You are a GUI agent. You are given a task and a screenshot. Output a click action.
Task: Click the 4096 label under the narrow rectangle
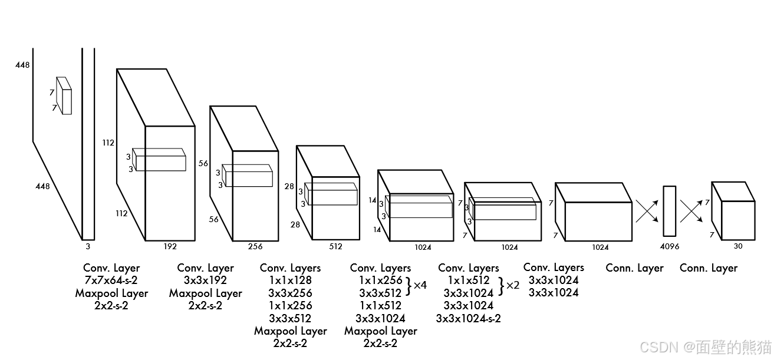click(x=670, y=247)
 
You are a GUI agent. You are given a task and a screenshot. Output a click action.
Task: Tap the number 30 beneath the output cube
click(x=738, y=246)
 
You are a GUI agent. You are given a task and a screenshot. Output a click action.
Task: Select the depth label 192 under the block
click(x=170, y=247)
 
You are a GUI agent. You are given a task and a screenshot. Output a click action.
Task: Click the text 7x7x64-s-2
click(x=111, y=280)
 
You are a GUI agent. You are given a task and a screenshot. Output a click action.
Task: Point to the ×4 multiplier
click(x=420, y=285)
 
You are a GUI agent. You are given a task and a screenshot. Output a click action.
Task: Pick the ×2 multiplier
click(x=513, y=285)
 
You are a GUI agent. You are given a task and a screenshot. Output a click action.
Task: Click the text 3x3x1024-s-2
click(x=469, y=318)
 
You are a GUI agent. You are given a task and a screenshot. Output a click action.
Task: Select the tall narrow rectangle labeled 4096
click(x=669, y=211)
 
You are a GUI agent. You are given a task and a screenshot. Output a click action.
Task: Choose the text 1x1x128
click(x=290, y=280)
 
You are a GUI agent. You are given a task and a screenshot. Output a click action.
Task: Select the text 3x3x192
click(x=206, y=280)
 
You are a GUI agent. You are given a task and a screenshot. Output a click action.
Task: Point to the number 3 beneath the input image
click(x=88, y=246)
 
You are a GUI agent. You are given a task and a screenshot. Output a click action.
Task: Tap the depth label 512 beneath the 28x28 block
click(x=335, y=247)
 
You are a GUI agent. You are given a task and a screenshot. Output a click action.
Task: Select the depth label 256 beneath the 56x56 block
click(x=255, y=247)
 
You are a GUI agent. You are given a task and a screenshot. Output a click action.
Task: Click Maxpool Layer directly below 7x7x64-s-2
click(x=111, y=293)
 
